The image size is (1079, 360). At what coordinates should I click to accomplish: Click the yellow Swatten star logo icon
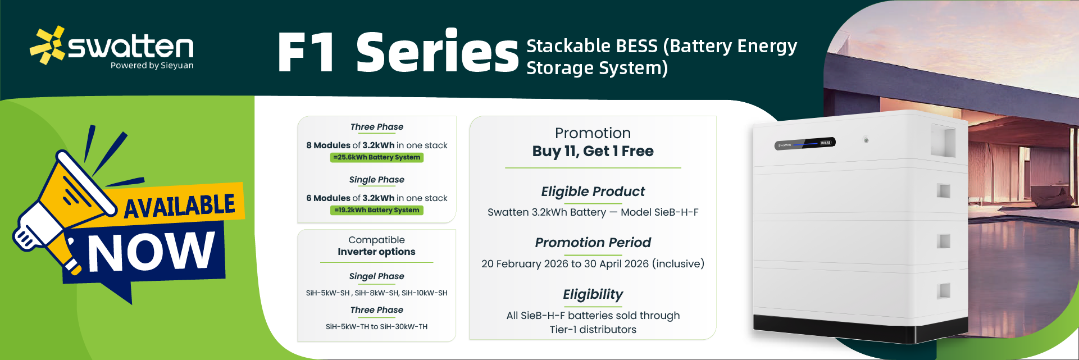click(48, 45)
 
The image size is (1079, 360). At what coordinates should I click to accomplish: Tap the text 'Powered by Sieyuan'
click(152, 66)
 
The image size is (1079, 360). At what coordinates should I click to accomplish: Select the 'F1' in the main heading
click(307, 52)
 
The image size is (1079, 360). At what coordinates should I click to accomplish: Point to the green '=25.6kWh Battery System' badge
click(377, 157)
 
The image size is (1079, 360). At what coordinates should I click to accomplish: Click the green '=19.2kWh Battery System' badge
click(377, 210)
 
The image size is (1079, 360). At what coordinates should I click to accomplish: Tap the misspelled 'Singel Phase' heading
click(377, 276)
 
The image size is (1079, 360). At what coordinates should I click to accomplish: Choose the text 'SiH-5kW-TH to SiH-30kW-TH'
click(377, 326)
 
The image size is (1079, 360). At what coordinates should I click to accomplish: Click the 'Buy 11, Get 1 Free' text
click(593, 151)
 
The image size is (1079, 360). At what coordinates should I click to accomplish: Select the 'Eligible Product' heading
click(593, 192)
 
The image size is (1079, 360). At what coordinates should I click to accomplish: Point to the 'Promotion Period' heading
click(593, 243)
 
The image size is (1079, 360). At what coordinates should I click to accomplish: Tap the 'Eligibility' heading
click(593, 294)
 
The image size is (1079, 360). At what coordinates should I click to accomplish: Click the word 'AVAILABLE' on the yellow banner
click(179, 206)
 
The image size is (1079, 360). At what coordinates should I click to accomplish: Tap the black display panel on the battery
click(805, 143)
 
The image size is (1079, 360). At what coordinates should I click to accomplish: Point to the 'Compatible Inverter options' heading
click(377, 246)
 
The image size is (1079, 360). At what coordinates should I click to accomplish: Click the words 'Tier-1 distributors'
click(593, 330)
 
